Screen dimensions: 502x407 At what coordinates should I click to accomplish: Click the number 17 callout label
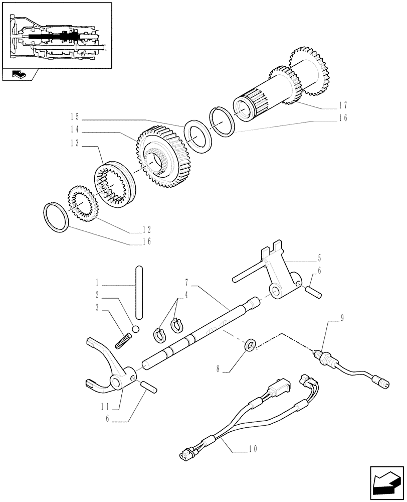click(x=342, y=106)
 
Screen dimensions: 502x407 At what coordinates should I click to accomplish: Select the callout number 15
click(x=75, y=117)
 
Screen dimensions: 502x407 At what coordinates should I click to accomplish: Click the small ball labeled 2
click(x=134, y=329)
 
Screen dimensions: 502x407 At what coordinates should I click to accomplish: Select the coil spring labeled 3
click(x=122, y=341)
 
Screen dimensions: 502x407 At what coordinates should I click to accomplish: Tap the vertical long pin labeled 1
click(x=139, y=292)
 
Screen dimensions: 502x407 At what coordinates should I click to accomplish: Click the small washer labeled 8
click(x=250, y=345)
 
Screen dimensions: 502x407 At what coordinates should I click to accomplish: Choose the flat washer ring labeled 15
click(x=198, y=135)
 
